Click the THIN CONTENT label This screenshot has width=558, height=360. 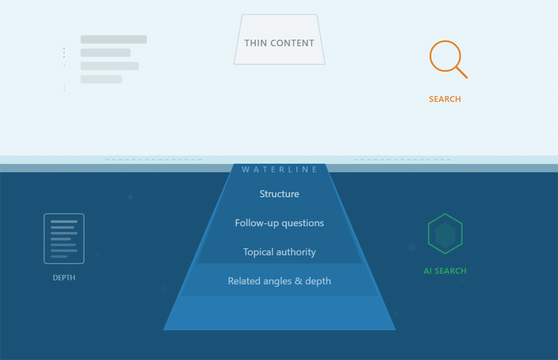click(x=279, y=43)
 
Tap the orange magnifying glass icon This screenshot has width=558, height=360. click(x=445, y=56)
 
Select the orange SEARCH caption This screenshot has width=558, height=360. click(x=445, y=99)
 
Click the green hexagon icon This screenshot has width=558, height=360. click(x=445, y=234)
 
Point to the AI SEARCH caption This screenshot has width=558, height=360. click(x=445, y=271)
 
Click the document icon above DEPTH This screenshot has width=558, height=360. click(x=64, y=239)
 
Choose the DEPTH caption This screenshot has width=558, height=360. click(x=64, y=278)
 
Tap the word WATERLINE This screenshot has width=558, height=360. click(x=279, y=169)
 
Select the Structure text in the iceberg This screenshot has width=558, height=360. click(x=279, y=194)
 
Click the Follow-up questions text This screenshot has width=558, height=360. click(x=279, y=223)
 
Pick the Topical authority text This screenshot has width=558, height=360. click(x=279, y=252)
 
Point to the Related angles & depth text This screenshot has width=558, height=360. click(x=279, y=281)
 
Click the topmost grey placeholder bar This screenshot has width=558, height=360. click(x=113, y=40)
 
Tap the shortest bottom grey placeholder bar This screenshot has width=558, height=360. click(x=101, y=80)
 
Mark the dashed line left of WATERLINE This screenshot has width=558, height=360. click(x=153, y=160)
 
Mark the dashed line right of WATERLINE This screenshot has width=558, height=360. click(x=402, y=160)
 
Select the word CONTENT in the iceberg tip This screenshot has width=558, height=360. click(x=292, y=43)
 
